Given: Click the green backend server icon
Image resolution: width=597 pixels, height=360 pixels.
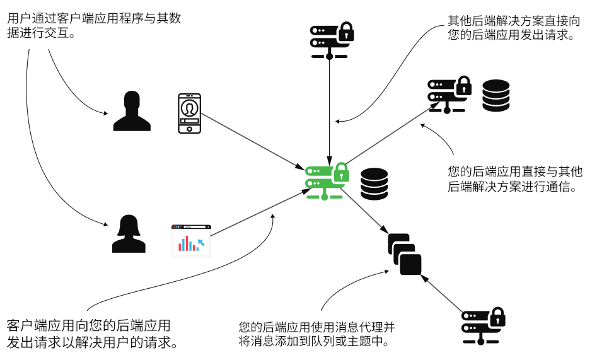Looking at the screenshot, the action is click(x=327, y=182).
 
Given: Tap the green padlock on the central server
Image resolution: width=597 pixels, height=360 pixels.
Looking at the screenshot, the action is click(x=341, y=172).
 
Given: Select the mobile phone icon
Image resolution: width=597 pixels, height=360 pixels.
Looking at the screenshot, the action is click(x=190, y=113).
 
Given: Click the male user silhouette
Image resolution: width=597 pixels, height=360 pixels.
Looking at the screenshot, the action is click(x=132, y=111).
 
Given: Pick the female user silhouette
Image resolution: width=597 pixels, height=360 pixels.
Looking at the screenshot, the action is click(x=129, y=233).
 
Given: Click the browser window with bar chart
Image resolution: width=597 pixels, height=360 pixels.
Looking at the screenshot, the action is click(x=191, y=241).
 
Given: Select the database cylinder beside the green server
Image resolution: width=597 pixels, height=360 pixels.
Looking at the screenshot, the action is click(x=374, y=184).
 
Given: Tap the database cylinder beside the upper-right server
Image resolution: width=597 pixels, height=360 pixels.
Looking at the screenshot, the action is click(x=496, y=96).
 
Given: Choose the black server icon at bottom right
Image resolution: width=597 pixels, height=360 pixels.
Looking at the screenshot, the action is click(x=483, y=326).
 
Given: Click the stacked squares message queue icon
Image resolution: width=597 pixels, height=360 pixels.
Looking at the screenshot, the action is click(x=405, y=254).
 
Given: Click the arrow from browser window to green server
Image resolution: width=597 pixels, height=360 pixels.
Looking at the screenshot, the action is click(x=261, y=212).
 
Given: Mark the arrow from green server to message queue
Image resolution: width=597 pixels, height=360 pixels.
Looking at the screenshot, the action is click(x=364, y=211).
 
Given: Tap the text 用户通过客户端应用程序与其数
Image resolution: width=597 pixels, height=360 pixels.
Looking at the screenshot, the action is click(x=94, y=18).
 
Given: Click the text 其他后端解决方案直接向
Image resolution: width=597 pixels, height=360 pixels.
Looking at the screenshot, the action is click(x=514, y=20).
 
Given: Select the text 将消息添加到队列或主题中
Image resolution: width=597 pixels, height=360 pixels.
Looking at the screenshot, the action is click(x=314, y=340).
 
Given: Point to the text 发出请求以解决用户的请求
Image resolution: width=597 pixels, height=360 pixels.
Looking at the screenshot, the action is click(x=93, y=342).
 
